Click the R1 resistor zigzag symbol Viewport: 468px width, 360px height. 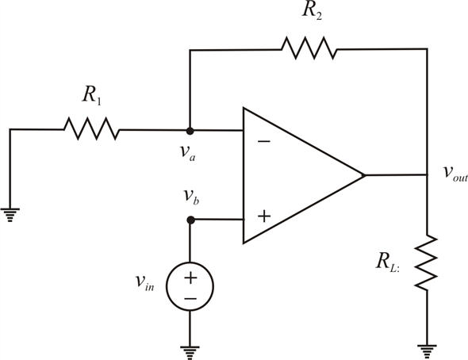click(x=92, y=128)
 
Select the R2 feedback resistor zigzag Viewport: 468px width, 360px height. click(x=309, y=48)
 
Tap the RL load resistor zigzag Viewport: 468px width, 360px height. click(x=427, y=262)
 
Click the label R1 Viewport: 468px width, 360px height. click(x=92, y=95)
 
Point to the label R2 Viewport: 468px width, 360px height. click(x=312, y=10)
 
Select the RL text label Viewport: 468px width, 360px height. click(x=387, y=262)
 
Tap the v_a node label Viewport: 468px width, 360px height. click(x=188, y=153)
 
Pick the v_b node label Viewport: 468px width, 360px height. click(x=191, y=196)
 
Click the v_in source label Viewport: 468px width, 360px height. click(x=144, y=282)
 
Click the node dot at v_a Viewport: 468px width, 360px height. click(x=190, y=131)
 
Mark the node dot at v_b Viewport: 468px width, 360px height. click(x=190, y=220)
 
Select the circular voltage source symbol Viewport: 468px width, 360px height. click(x=190, y=286)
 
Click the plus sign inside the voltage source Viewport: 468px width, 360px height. click(x=190, y=278)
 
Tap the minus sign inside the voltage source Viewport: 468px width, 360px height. click(x=190, y=298)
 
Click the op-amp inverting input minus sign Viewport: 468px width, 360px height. click(x=264, y=141)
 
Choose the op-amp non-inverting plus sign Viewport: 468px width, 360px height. click(x=264, y=216)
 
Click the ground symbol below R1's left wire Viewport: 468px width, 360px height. click(x=10, y=215)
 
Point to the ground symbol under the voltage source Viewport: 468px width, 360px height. click(x=190, y=353)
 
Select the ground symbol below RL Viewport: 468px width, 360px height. click(x=427, y=352)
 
